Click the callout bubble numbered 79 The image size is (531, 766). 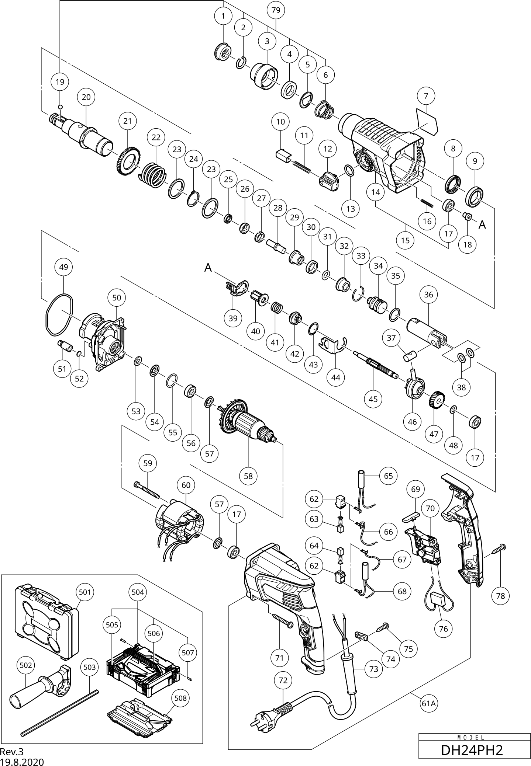point(276,10)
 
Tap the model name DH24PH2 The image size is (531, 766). point(472,750)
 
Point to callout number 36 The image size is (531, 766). point(428,295)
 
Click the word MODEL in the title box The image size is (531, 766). point(472,737)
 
